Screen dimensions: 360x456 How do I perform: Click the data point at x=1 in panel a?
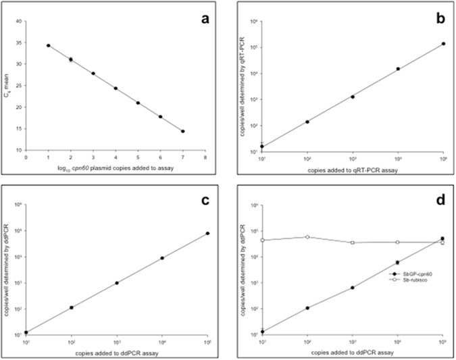click(x=49, y=45)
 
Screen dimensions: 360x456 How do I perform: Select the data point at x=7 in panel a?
click(x=183, y=131)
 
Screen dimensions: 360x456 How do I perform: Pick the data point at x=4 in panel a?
click(x=116, y=88)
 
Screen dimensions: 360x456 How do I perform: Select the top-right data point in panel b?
click(x=443, y=44)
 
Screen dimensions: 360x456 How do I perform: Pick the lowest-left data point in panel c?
click(x=26, y=332)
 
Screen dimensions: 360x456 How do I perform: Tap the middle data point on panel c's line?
click(x=117, y=283)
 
